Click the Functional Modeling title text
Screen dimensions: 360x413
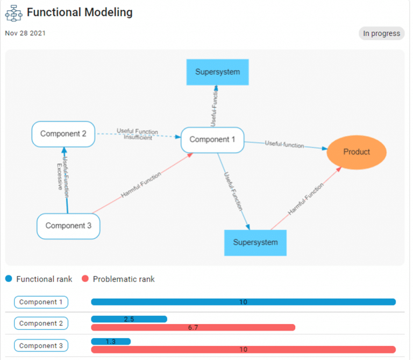pyautogui.click(x=80, y=12)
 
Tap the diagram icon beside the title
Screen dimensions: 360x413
pyautogui.click(x=13, y=12)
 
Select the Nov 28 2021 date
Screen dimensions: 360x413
pyautogui.click(x=25, y=33)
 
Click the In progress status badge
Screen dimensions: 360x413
pyautogui.click(x=381, y=33)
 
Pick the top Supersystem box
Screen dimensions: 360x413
pyautogui.click(x=217, y=72)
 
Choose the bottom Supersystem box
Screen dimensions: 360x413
pyautogui.click(x=255, y=242)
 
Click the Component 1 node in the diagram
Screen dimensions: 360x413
pyautogui.click(x=212, y=140)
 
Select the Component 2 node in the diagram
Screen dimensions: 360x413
pyautogui.click(x=63, y=134)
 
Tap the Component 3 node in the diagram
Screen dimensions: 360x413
pyautogui.click(x=68, y=226)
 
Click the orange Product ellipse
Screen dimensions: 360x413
pyautogui.click(x=357, y=152)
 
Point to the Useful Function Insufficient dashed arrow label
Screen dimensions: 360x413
pyautogui.click(x=138, y=134)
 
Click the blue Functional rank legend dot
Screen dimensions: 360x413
pyautogui.click(x=9, y=279)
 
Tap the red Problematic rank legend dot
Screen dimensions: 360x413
pyautogui.click(x=85, y=279)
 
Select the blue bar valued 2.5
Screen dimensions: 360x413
pyautogui.click(x=129, y=319)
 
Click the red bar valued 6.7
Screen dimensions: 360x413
pyautogui.click(x=193, y=327)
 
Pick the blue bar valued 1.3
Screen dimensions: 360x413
pyautogui.click(x=111, y=341)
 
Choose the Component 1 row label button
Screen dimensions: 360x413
pyautogui.click(x=41, y=302)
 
